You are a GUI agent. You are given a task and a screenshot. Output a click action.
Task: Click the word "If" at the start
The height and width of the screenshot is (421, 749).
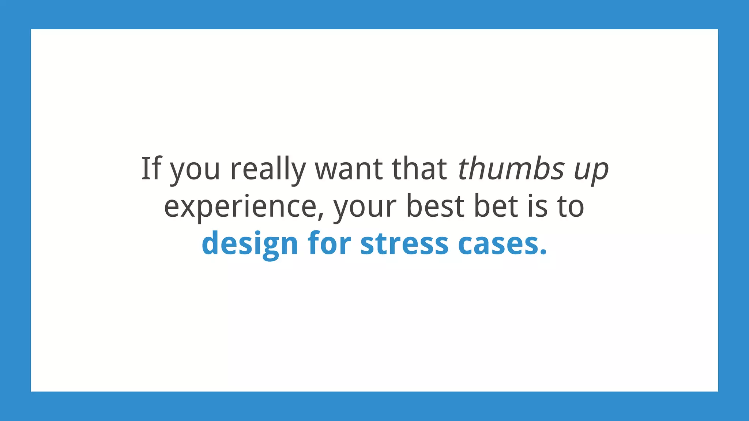151,168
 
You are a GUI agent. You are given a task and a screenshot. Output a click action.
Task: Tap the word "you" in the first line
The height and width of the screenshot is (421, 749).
195,170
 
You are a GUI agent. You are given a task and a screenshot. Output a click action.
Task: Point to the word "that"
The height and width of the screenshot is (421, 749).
419,168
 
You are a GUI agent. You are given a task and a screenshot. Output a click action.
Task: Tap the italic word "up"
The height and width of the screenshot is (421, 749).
591,170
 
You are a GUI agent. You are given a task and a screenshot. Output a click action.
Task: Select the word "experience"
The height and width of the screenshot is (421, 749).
240,207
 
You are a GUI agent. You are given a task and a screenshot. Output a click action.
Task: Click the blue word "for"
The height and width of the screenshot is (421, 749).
329,243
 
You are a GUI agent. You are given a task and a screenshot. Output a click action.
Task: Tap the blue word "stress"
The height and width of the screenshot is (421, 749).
404,244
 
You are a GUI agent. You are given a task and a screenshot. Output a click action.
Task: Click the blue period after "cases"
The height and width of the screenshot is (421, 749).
543,252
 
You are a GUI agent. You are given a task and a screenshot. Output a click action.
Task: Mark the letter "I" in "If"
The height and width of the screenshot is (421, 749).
146,168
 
